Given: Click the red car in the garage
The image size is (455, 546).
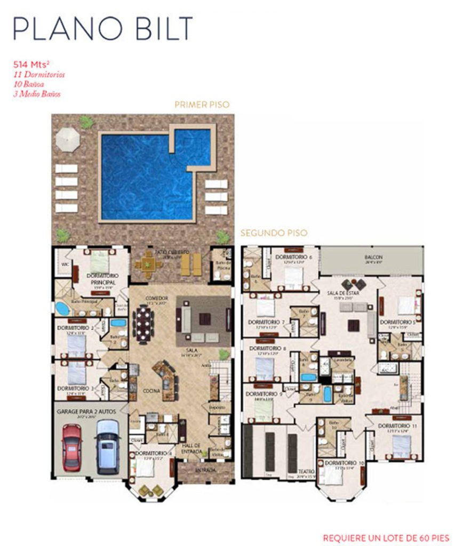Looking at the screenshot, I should (72, 447).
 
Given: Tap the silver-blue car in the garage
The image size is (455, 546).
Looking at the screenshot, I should (108, 446).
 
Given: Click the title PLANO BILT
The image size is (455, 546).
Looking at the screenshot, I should (102, 28).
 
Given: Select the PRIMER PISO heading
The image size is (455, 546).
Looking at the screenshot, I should (202, 105).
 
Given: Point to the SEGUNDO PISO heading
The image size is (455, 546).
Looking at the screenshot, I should (274, 233).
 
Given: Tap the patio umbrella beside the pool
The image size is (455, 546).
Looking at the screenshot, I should (68, 139).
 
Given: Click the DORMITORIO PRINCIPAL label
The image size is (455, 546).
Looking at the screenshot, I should (98, 278).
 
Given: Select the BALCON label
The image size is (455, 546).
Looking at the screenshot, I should (373, 257).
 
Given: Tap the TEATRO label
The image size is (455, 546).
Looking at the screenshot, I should (306, 471).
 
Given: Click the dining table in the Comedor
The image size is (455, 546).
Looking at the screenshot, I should (143, 323).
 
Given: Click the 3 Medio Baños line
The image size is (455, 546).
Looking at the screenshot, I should (37, 94).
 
